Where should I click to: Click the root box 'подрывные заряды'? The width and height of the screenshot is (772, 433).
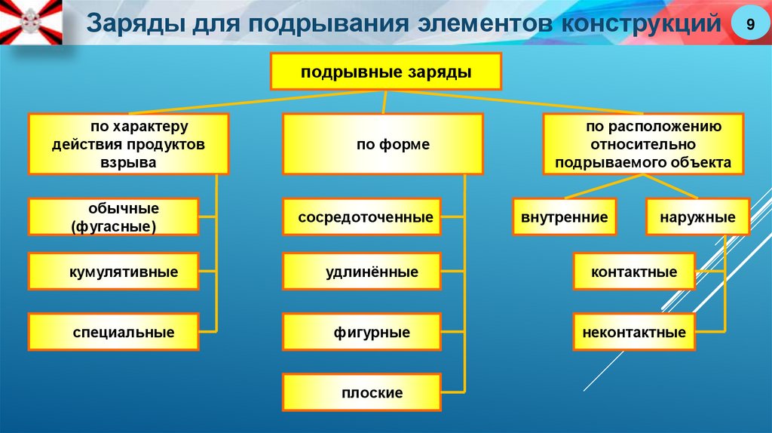click(x=386, y=72)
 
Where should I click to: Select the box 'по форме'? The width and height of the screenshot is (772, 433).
click(x=383, y=144)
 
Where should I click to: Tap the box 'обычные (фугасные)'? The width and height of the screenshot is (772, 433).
click(x=114, y=216)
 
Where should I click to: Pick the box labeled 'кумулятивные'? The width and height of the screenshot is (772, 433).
click(x=114, y=272)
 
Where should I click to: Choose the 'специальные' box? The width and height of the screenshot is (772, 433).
click(x=114, y=332)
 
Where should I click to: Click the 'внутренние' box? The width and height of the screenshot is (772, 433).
click(x=564, y=217)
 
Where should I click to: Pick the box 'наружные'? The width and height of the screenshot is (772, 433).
click(x=697, y=217)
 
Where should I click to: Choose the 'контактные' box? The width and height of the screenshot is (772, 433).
click(x=633, y=272)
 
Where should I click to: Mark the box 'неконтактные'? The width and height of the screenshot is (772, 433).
click(x=633, y=332)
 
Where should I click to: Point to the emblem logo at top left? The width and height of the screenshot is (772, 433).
click(x=30, y=21)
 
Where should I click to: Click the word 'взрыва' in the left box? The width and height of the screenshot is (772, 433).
click(x=127, y=162)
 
